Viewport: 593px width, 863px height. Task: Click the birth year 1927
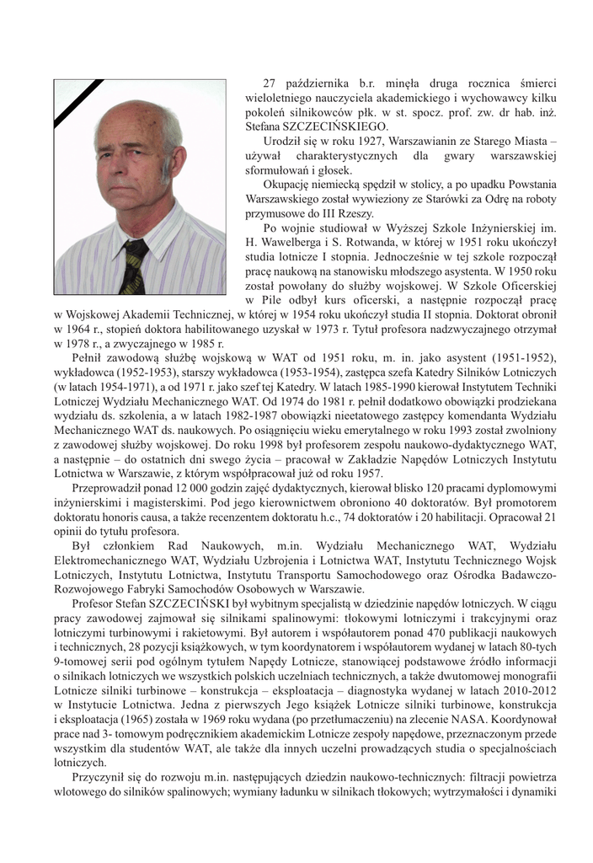pos(363,139)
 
